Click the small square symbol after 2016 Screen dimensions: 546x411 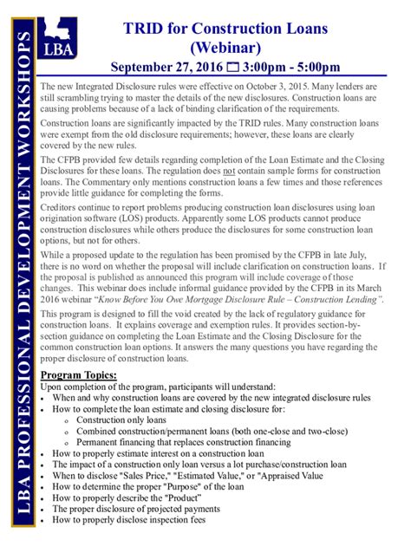231,68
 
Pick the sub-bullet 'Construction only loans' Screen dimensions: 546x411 121,419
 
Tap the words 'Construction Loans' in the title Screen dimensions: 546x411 270,29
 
